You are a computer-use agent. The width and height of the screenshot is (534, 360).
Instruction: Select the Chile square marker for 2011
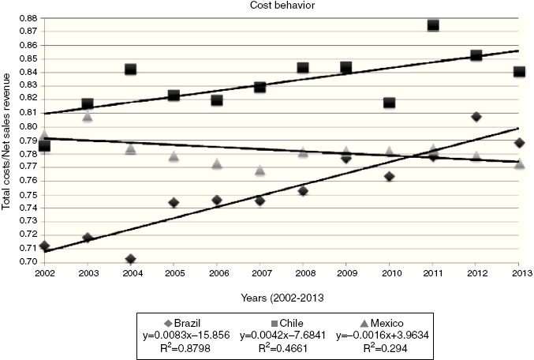(433, 25)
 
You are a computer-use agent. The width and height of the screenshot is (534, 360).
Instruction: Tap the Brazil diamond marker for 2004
(130, 259)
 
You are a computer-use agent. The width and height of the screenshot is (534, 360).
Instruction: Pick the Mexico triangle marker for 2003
(87, 117)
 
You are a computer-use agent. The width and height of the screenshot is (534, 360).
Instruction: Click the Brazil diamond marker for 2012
(476, 117)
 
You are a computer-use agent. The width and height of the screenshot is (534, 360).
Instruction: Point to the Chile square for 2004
(130, 69)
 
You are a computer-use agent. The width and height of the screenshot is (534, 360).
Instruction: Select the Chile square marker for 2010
(390, 103)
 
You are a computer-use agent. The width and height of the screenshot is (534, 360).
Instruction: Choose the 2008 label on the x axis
(303, 274)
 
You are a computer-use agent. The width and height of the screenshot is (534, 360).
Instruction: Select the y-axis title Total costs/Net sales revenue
(8, 140)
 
